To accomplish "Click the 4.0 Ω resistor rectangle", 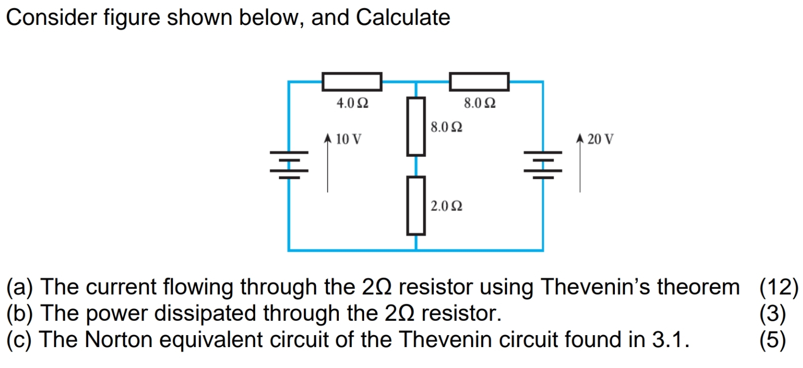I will pyautogui.click(x=352, y=82).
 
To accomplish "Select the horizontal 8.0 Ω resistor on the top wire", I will pyautogui.click(x=479, y=82).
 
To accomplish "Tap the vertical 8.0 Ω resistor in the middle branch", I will pyautogui.click(x=416, y=126).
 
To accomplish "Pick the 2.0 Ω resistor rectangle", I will pyautogui.click(x=416, y=205).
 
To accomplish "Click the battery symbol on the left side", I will pyautogui.click(x=289, y=165).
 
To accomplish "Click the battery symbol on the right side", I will pyautogui.click(x=543, y=165).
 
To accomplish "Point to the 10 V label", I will pyautogui.click(x=348, y=139).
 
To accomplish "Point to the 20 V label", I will pyautogui.click(x=601, y=139).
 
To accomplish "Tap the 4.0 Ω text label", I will pyautogui.click(x=352, y=104).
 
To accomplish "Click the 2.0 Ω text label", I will pyautogui.click(x=446, y=206).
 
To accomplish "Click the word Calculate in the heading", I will pyautogui.click(x=403, y=17).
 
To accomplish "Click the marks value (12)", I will pyautogui.click(x=779, y=287).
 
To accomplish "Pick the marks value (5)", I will pyautogui.click(x=773, y=340).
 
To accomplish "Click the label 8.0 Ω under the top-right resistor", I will pyautogui.click(x=480, y=104).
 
